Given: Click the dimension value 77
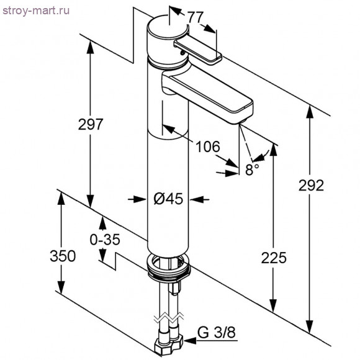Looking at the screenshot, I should [x=196, y=18].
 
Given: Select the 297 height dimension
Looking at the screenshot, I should [x=91, y=124].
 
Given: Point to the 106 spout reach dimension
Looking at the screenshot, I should [x=207, y=146].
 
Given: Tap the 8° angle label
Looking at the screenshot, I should [x=251, y=169].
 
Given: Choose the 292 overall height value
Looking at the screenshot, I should [x=311, y=186].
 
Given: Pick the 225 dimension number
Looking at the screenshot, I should [x=274, y=257].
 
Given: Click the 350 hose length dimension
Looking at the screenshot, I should [x=63, y=256].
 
